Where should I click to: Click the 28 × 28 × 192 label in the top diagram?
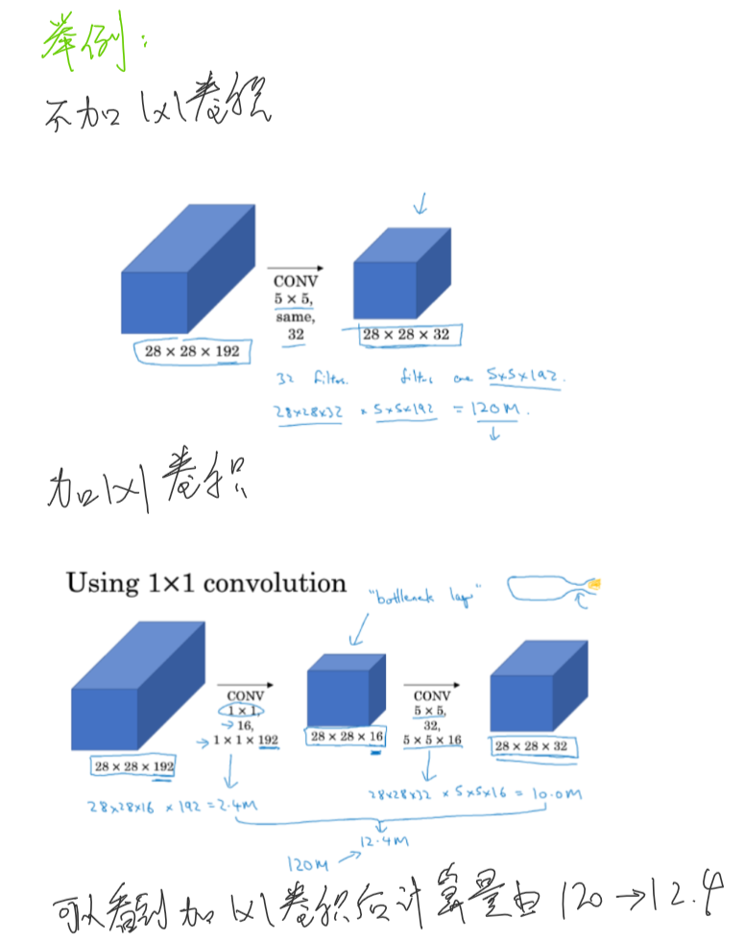(x=192, y=351)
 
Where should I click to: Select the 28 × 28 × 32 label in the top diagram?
(x=405, y=335)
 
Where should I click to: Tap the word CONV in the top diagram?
(x=295, y=281)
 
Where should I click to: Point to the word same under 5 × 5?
(x=295, y=317)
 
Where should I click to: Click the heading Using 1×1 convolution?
(x=205, y=583)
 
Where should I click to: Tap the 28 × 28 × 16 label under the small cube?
(x=346, y=736)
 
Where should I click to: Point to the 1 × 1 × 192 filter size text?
(x=245, y=741)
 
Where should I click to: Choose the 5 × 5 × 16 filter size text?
(x=432, y=741)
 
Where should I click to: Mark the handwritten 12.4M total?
(x=384, y=842)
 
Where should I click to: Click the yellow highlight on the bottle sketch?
(x=596, y=583)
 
